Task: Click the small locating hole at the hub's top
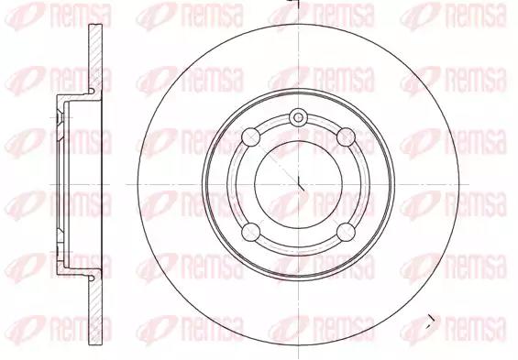click(298, 117)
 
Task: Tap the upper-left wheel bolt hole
click(250, 136)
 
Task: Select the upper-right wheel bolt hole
click(346, 136)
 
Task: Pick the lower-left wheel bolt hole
click(250, 232)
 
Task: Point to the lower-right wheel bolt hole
click(346, 232)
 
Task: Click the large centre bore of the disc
click(298, 184)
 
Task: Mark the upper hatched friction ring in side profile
click(95, 59)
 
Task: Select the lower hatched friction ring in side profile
click(95, 311)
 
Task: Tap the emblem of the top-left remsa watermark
click(25, 16)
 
